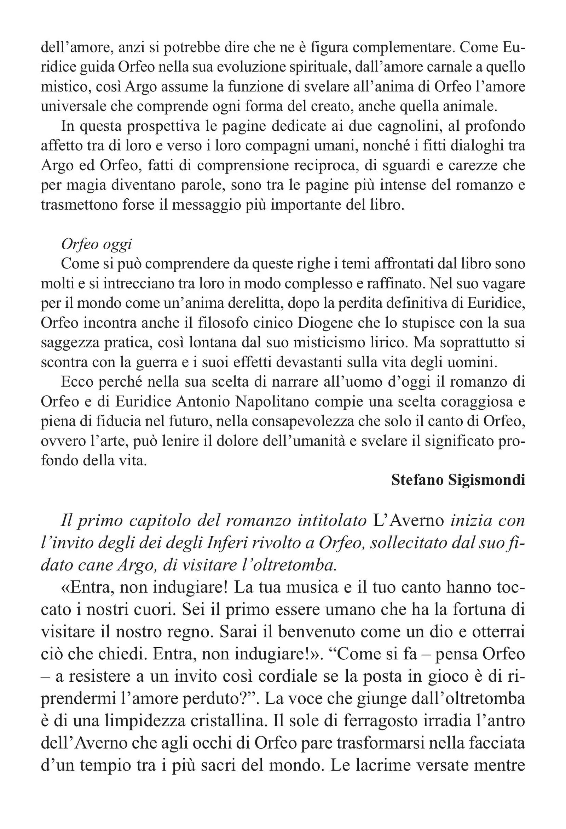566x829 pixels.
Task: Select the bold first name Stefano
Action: (x=416, y=480)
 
